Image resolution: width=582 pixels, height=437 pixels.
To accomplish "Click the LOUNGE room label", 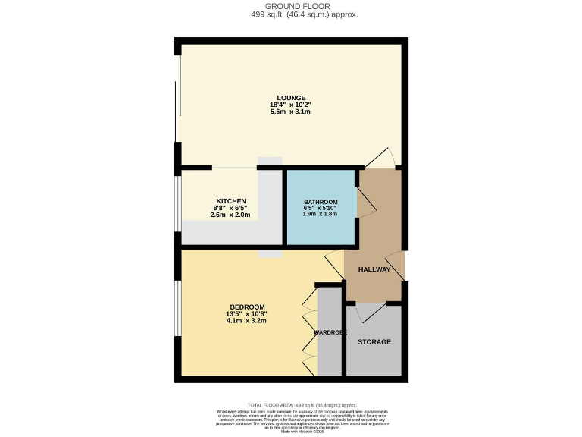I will tap(291, 98).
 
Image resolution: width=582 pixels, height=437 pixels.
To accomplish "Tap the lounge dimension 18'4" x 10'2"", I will tap(291, 105).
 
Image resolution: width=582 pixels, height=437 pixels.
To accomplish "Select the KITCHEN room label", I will tap(230, 201).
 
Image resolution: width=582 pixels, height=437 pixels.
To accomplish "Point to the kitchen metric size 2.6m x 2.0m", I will tap(230, 215).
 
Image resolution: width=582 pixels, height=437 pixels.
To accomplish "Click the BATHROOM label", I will tap(321, 202).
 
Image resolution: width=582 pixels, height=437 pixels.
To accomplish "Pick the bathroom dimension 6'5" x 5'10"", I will tap(321, 208).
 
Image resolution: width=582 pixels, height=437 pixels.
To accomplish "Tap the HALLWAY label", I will tap(374, 269).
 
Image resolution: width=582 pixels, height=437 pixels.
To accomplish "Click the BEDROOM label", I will tap(247, 307).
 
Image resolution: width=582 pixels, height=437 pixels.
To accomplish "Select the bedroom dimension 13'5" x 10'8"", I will tap(247, 314).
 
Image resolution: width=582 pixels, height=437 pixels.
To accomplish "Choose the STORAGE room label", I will tap(374, 342).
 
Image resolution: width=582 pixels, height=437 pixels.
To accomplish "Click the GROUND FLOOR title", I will tap(291, 6).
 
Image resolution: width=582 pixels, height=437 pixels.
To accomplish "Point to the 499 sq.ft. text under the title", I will tap(291, 14).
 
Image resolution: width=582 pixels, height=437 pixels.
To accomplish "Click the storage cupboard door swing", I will tap(369, 311).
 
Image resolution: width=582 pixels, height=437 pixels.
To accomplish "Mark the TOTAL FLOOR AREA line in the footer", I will tap(291, 406).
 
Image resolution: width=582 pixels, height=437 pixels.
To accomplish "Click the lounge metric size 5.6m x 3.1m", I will tap(291, 112).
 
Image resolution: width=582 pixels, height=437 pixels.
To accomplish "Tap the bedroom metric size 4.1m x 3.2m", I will tap(247, 321).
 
